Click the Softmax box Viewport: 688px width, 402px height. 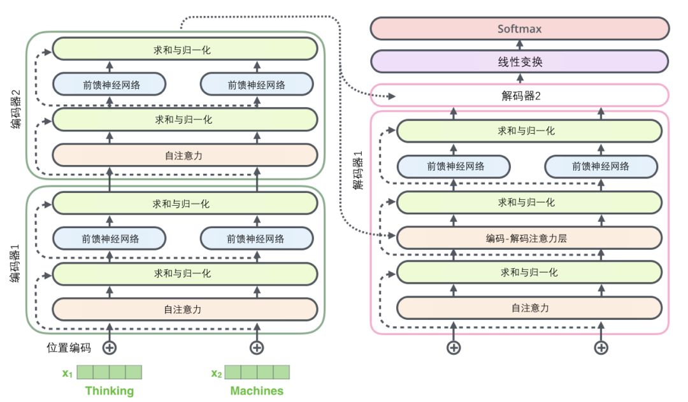(519, 29)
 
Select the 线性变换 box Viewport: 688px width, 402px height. (519, 62)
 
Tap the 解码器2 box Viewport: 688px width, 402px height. (519, 96)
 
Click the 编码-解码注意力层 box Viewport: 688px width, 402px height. (529, 238)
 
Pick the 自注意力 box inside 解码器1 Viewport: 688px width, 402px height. (529, 308)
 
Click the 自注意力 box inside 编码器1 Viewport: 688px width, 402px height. (184, 309)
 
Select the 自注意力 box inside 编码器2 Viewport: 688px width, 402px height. (184, 154)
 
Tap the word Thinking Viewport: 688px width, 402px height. (109, 391)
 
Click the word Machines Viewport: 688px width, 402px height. (256, 391)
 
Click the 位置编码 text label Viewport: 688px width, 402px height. (69, 348)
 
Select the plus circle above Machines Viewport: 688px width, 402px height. (256, 347)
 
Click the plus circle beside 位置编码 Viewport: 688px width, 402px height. (109, 347)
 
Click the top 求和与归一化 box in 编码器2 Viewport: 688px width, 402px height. (184, 49)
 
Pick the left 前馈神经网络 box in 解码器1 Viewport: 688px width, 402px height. (454, 166)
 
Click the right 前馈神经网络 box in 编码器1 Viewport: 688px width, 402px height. (256, 239)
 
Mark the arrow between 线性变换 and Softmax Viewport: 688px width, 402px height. (519, 45)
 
